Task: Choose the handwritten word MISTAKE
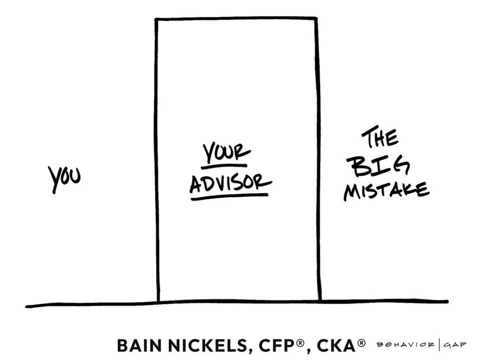[x=386, y=190]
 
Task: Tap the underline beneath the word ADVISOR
[x=230, y=197]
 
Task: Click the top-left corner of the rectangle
[x=156, y=20]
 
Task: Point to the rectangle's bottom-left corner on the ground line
[x=158, y=301]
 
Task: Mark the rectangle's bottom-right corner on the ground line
[x=320, y=300]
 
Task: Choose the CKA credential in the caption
[x=335, y=345]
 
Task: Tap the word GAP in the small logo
[x=456, y=345]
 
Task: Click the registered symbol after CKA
[x=362, y=343]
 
